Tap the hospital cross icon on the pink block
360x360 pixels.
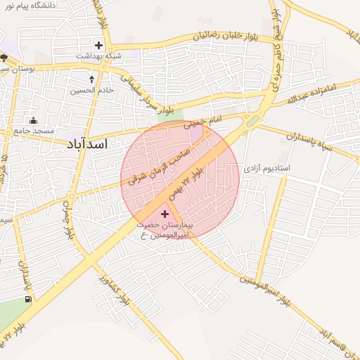point(165,212)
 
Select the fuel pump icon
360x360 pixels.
point(28,299)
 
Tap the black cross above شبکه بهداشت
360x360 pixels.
point(99,45)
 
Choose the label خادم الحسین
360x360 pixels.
point(92,91)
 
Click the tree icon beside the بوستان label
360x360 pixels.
point(4,58)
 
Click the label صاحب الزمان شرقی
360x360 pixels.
point(159,160)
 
